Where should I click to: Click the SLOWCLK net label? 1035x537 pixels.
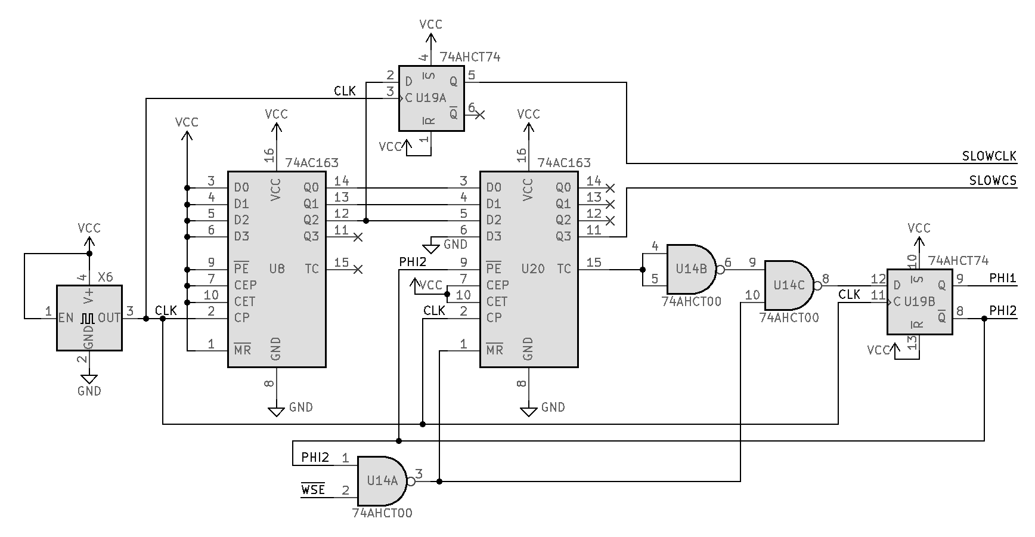pyautogui.click(x=989, y=156)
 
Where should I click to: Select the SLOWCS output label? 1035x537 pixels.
pyautogui.click(x=993, y=181)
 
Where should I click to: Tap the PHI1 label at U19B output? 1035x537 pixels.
pyautogui.click(x=1002, y=278)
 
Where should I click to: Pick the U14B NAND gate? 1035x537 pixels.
pyautogui.click(x=690, y=268)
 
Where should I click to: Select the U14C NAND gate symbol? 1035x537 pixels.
pyautogui.click(x=788, y=285)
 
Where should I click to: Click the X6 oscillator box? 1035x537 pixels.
pyautogui.click(x=89, y=317)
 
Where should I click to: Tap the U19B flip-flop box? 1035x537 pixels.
pyautogui.click(x=919, y=301)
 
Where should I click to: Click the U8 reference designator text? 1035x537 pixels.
pyautogui.click(x=277, y=269)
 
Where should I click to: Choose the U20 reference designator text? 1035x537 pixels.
pyautogui.click(x=532, y=269)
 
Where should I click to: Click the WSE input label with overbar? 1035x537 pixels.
pyautogui.click(x=313, y=490)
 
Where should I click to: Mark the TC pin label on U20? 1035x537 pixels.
pyautogui.click(x=564, y=269)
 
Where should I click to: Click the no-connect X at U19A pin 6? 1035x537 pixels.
pyautogui.click(x=480, y=114)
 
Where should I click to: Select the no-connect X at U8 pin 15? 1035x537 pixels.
pyautogui.click(x=358, y=270)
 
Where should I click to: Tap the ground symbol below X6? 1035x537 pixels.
pyautogui.click(x=89, y=378)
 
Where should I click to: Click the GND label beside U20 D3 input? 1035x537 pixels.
pyautogui.click(x=455, y=244)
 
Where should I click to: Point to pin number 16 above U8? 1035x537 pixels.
pyautogui.click(x=269, y=156)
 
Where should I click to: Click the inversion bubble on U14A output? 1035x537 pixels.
pyautogui.click(x=410, y=481)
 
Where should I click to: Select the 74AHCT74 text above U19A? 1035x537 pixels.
pyautogui.click(x=470, y=57)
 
